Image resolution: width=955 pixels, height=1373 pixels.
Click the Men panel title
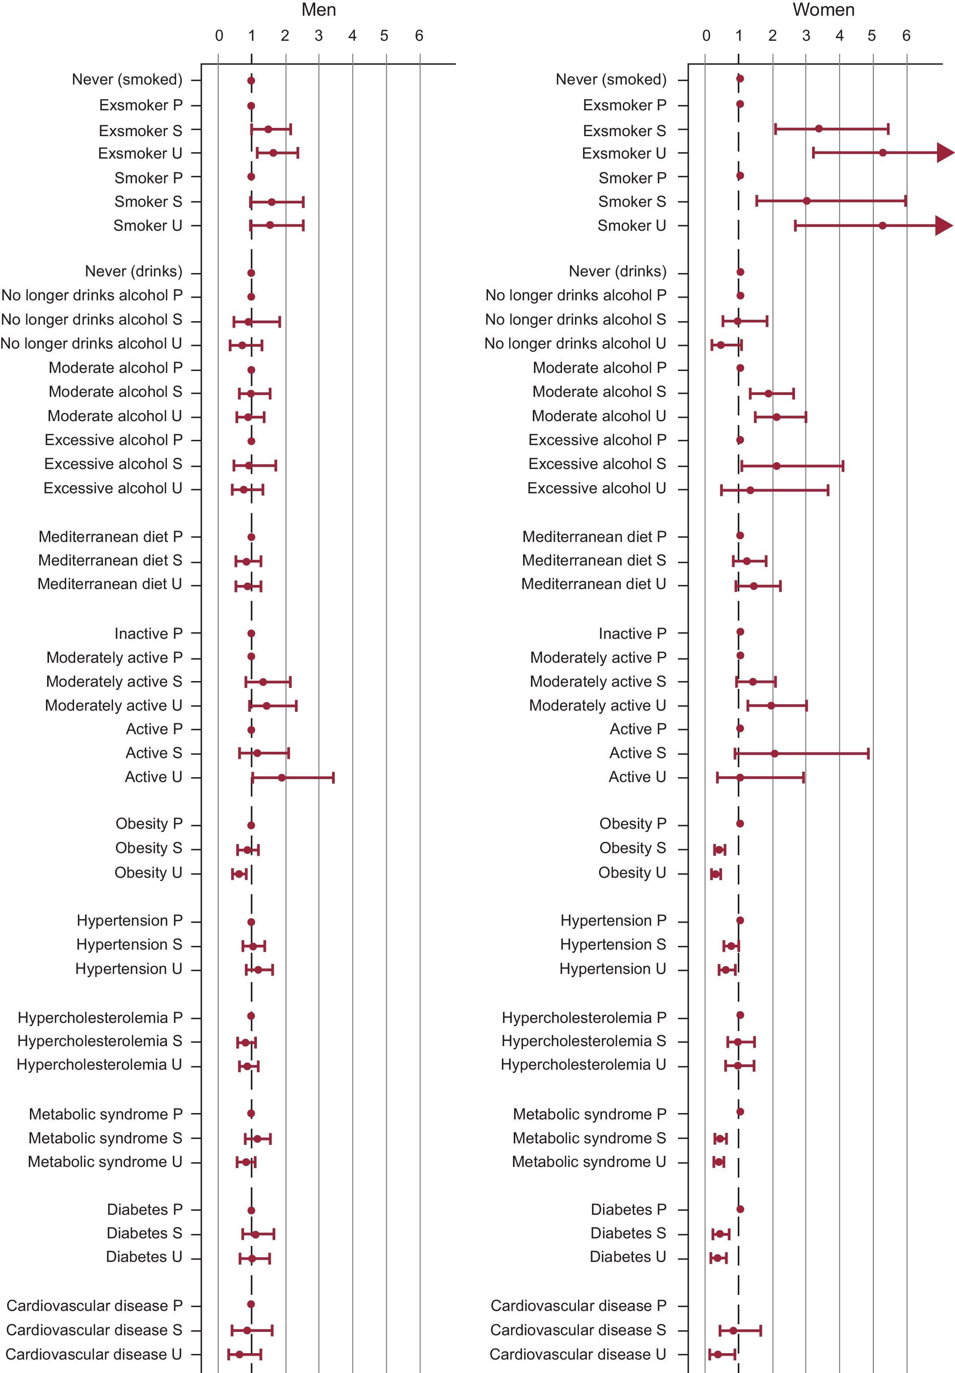(x=319, y=10)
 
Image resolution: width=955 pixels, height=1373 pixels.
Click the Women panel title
(x=823, y=10)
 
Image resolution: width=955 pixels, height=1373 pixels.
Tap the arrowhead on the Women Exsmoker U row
(x=945, y=153)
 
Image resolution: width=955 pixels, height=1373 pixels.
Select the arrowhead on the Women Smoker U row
(x=944, y=226)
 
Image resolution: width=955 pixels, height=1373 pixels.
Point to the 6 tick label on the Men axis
(x=419, y=36)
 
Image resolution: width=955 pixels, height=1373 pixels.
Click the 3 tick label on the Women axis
(x=806, y=36)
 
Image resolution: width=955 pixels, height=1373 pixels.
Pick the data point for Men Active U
(x=282, y=778)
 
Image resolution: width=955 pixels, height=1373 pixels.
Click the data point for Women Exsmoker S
(x=819, y=129)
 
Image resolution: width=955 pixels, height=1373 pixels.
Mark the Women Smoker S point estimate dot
(x=807, y=201)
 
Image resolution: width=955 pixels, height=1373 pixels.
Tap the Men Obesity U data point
(x=239, y=874)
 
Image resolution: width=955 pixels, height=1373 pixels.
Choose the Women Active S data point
(x=774, y=754)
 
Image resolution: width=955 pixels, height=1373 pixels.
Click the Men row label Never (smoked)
(x=127, y=80)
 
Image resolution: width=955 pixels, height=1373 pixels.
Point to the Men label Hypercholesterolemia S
(x=99, y=1041)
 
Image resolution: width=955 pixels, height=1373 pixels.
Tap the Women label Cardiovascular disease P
(x=578, y=1305)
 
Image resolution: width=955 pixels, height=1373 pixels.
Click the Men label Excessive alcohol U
(x=113, y=488)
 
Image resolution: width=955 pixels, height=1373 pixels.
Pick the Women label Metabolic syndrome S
(x=589, y=1138)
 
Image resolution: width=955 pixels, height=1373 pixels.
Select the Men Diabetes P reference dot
(x=251, y=1210)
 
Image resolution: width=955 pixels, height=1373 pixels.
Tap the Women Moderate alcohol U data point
(x=776, y=417)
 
